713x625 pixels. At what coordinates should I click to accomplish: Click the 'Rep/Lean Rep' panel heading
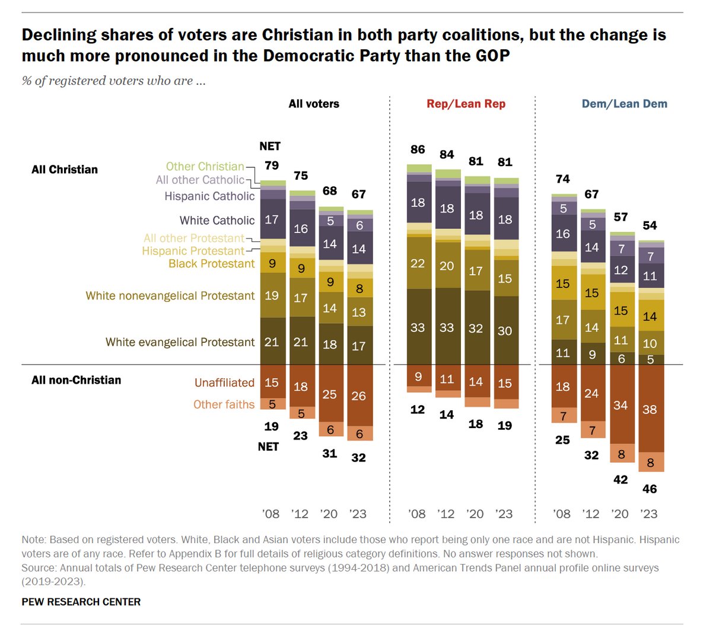(466, 104)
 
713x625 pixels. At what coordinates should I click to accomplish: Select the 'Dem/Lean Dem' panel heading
(624, 104)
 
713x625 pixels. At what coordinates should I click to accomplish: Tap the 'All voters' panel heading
(314, 104)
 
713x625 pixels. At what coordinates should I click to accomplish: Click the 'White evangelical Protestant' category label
(180, 342)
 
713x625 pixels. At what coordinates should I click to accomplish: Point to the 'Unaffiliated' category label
(224, 382)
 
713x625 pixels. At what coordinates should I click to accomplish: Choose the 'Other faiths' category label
(224, 404)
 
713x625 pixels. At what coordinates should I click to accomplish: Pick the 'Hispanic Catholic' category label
(209, 196)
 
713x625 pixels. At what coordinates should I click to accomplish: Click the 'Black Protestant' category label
(211, 264)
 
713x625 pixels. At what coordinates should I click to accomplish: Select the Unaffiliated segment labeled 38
(650, 409)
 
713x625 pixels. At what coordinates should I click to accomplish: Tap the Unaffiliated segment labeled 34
(620, 406)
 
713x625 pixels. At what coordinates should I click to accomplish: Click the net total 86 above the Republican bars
(418, 150)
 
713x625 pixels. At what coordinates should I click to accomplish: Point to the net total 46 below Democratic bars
(650, 489)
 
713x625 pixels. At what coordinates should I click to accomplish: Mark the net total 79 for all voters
(271, 165)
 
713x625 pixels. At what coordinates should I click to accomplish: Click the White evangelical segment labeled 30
(505, 331)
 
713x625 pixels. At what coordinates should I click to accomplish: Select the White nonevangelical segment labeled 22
(418, 263)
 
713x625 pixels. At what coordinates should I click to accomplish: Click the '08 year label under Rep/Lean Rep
(417, 514)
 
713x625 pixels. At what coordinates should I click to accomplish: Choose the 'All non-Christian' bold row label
(76, 380)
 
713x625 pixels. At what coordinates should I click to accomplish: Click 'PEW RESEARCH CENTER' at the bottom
(81, 602)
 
